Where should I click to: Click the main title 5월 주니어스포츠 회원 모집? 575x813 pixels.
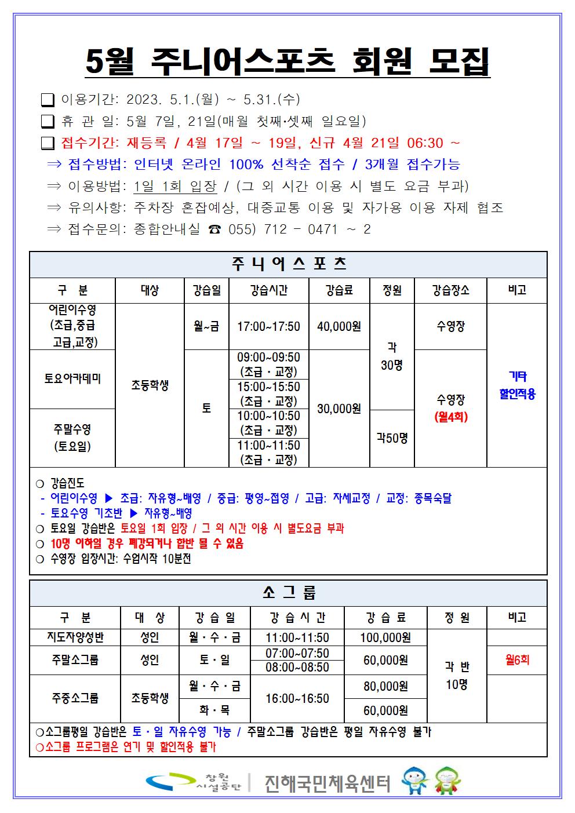click(x=287, y=61)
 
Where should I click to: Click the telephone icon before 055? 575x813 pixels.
click(x=214, y=229)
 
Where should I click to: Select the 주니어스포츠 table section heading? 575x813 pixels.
click(x=288, y=265)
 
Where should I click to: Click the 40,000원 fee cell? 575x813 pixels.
click(x=339, y=326)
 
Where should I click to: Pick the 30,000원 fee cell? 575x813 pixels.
click(x=339, y=409)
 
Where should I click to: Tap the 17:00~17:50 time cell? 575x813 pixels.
click(x=269, y=326)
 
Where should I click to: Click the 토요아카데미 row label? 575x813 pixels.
click(x=72, y=379)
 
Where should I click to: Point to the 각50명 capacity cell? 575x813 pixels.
click(x=392, y=438)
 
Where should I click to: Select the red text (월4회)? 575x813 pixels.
click(x=450, y=417)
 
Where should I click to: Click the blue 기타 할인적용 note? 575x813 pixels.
click(x=517, y=385)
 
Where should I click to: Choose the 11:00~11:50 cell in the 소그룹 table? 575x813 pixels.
click(x=297, y=637)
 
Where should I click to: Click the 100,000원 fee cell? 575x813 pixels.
click(x=385, y=637)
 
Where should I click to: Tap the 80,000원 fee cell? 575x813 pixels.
click(x=385, y=686)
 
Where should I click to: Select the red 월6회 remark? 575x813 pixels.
click(x=517, y=660)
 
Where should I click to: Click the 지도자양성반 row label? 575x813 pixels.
click(x=75, y=637)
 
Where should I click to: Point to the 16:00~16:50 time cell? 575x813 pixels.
click(x=297, y=698)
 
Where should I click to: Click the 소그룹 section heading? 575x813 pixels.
click(x=288, y=593)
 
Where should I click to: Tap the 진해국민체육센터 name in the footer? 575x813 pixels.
click(x=327, y=783)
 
